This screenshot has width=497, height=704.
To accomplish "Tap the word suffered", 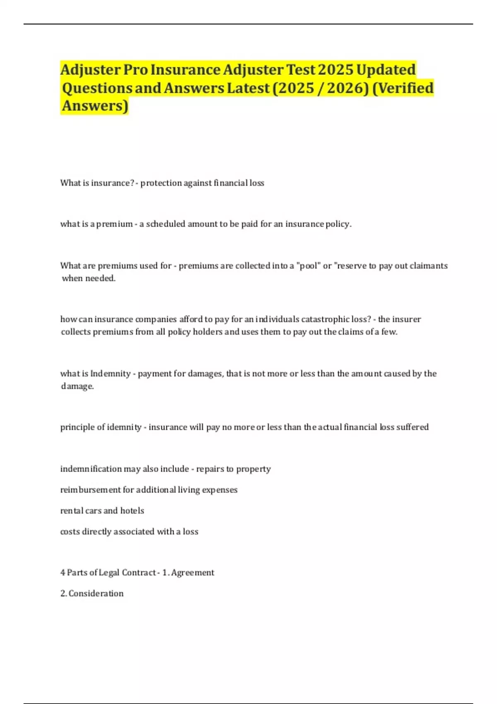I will (413, 427).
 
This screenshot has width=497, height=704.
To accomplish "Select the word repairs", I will (210, 469).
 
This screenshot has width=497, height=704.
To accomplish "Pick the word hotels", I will (132, 511).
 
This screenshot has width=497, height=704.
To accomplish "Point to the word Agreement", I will (193, 573).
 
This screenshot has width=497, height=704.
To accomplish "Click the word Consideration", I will (96, 593).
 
